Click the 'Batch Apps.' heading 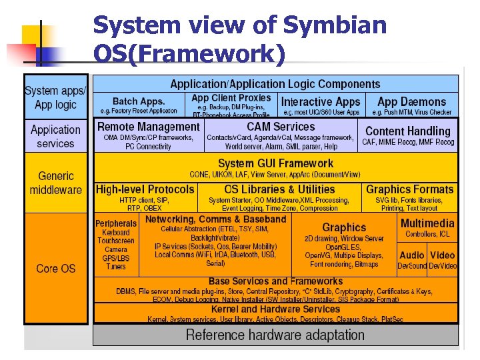[x=139, y=101]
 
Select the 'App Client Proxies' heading [x=231, y=98]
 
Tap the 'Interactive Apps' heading [x=321, y=102]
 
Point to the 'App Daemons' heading [x=411, y=102]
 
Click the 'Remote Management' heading [x=149, y=127]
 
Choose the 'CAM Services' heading [x=281, y=127]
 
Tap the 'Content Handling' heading [x=408, y=131]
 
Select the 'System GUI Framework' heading [x=275, y=163]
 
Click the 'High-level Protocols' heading [x=145, y=189]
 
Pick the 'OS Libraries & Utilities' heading [x=279, y=189]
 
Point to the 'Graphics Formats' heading [x=409, y=189]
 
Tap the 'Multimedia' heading [x=427, y=223]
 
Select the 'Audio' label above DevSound [x=411, y=255]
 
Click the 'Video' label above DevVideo [x=443, y=255]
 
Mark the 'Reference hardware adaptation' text [x=275, y=335]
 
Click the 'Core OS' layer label [x=56, y=269]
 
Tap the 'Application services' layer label [x=56, y=137]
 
